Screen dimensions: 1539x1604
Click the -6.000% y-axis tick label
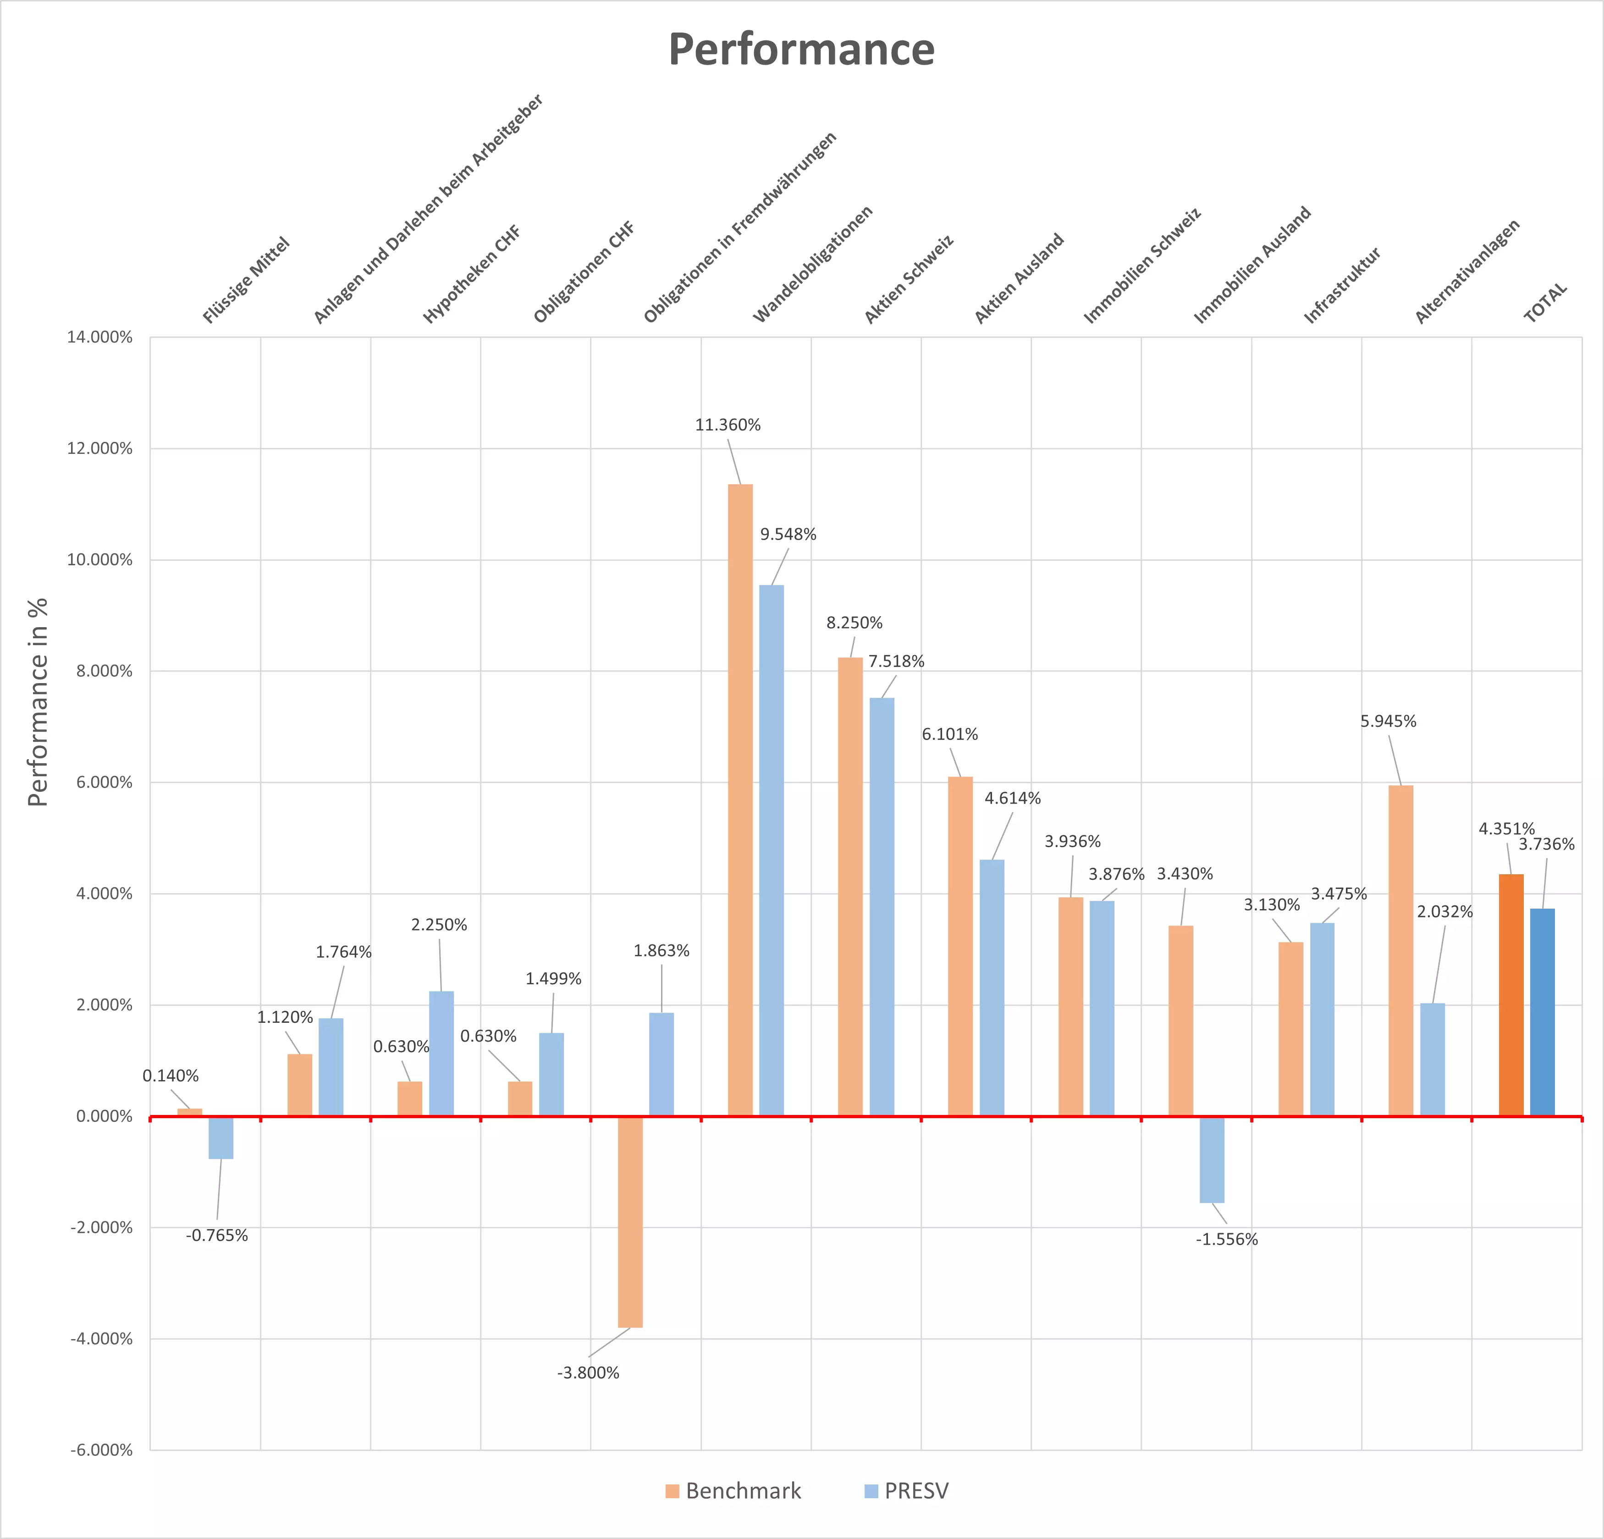coord(101,1450)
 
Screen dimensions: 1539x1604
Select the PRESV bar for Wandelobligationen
coord(771,849)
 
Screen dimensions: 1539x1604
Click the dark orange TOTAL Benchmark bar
coord(1510,995)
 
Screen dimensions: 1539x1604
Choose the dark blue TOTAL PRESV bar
coord(1542,1012)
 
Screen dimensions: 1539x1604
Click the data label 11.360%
coord(728,425)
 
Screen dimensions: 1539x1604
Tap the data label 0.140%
coord(170,1076)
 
